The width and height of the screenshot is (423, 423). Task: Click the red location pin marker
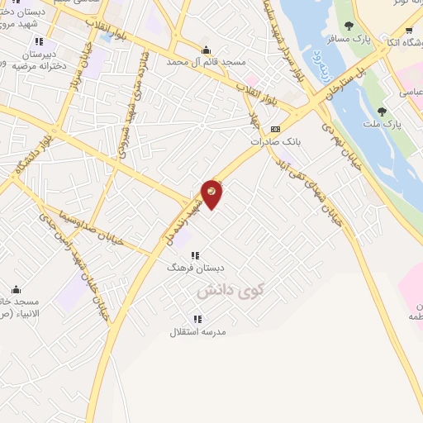[x=212, y=193]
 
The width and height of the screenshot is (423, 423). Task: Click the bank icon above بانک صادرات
[x=275, y=129]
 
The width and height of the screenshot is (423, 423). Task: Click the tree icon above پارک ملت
[x=382, y=112]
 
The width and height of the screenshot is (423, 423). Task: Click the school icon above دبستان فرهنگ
[x=194, y=255]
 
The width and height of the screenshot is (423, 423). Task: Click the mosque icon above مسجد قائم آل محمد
[x=206, y=49]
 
